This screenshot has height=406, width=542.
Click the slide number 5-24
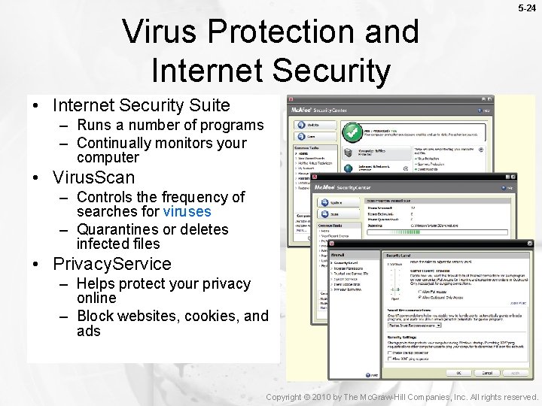click(526, 8)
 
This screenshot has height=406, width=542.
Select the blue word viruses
click(187, 211)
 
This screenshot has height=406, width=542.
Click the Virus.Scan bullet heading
click(93, 177)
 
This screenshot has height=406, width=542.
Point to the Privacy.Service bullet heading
click(111, 264)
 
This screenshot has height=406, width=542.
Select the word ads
click(88, 331)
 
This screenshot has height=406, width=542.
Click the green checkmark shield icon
click(351, 132)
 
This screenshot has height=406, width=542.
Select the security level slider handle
click(393, 288)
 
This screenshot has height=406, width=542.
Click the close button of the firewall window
click(528, 244)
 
